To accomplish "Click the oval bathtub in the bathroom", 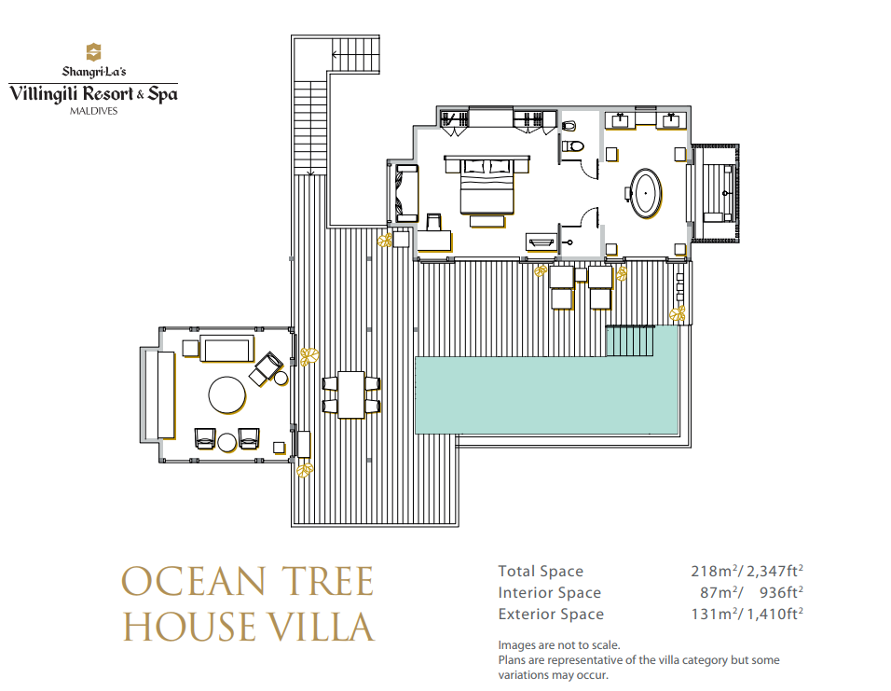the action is click(646, 193).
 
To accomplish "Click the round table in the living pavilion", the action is click(227, 395).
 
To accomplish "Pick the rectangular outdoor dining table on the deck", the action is click(351, 394).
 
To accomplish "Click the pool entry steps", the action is click(631, 340).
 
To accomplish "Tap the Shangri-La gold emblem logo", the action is click(93, 52).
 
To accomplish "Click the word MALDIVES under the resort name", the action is click(94, 111).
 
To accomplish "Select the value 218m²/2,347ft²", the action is click(747, 571).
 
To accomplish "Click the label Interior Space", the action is click(550, 592).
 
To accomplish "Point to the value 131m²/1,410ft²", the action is click(747, 615).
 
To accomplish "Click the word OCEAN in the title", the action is click(194, 582).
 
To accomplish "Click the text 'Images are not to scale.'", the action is click(559, 645).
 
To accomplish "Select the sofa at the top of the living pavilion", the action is click(226, 349).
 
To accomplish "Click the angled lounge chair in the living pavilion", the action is click(266, 368).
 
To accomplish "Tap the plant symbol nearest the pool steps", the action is click(678, 313).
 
